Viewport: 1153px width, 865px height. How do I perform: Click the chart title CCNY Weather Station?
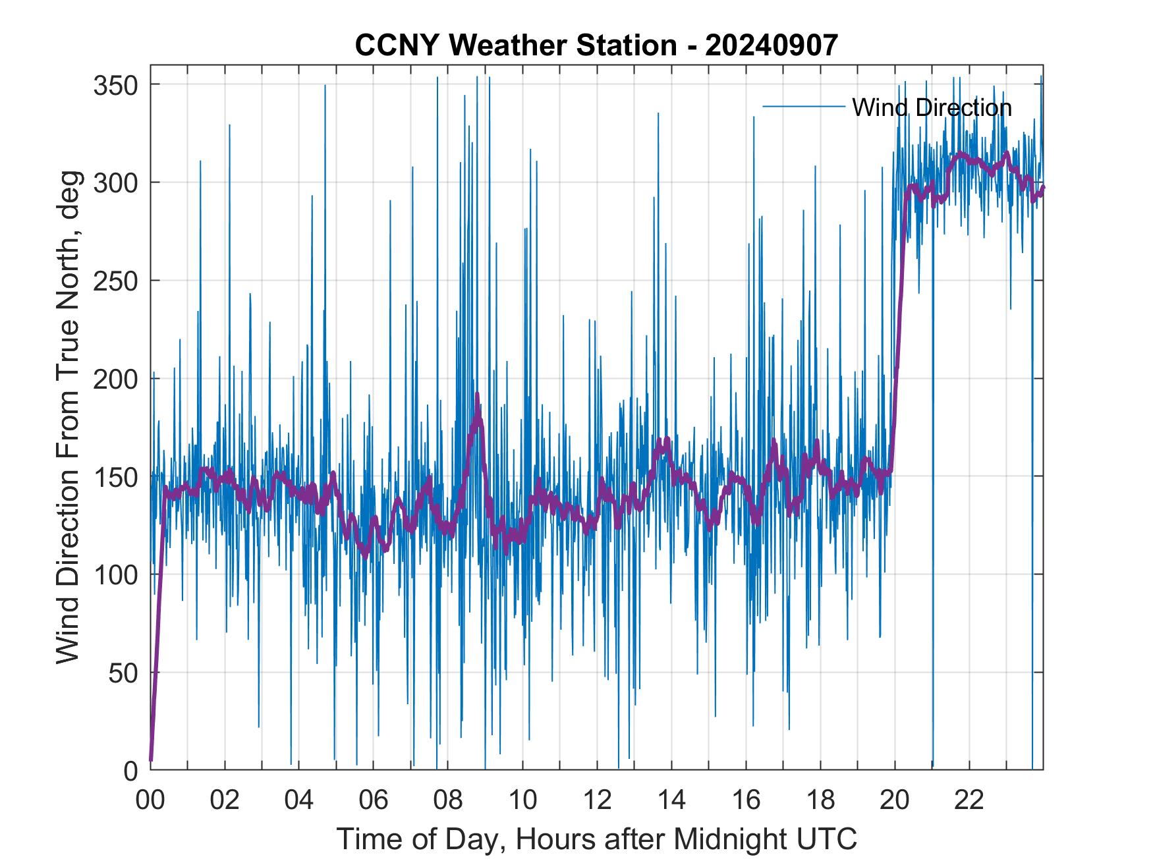515,45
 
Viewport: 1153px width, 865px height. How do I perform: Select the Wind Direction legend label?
932,107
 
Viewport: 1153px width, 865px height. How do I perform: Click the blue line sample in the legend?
803,107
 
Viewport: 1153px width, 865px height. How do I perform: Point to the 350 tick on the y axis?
117,85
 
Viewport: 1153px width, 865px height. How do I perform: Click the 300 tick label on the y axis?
117,182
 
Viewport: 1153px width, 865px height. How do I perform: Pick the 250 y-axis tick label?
117,281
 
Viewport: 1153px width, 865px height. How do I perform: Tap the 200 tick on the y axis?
117,379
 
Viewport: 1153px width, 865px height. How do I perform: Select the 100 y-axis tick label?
117,574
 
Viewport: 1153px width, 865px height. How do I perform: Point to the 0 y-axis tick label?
131,770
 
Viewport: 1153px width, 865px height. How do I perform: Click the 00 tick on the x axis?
150,800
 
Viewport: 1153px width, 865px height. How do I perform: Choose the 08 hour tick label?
448,800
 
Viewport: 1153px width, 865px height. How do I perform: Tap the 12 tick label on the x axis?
597,800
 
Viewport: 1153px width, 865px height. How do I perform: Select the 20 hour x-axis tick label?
895,800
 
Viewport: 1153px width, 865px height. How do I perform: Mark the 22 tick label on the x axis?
969,800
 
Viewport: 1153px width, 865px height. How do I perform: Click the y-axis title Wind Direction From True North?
68,417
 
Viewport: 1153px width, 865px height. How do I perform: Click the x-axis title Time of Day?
596,839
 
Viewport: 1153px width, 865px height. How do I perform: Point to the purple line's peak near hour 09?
477,395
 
